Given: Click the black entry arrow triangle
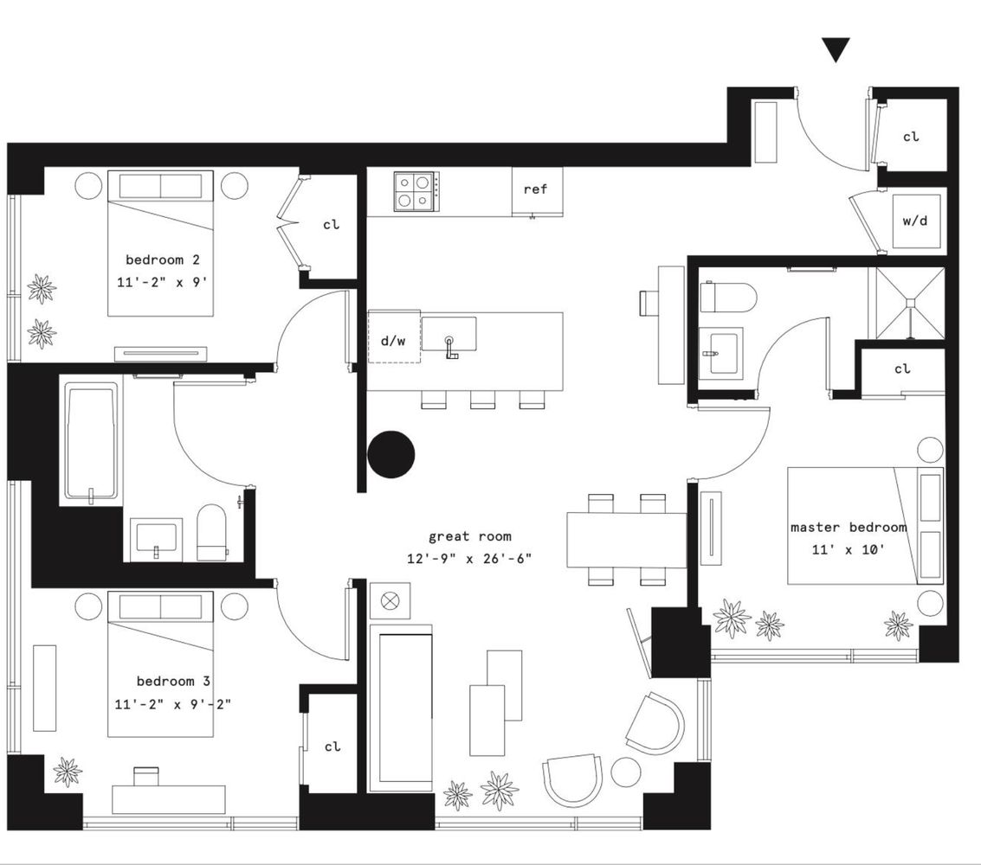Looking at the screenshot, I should (x=836, y=50).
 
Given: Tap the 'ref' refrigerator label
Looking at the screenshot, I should (x=536, y=189).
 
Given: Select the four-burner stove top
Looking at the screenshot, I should (x=414, y=191).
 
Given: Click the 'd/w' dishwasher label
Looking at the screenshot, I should (x=393, y=341).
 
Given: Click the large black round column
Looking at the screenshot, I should (x=391, y=453).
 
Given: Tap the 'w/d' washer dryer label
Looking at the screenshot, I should (x=915, y=221).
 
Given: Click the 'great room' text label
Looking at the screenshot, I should (x=470, y=536).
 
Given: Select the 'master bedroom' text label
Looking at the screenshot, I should (x=849, y=527).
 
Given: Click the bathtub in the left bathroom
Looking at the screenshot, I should (x=91, y=442).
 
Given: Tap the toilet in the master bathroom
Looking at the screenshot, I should (x=728, y=297).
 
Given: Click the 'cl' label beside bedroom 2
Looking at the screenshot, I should (x=332, y=225).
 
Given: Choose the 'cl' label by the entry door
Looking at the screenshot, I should (x=911, y=137).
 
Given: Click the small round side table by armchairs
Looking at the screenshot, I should (x=625, y=772).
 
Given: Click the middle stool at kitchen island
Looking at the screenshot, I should (x=482, y=400).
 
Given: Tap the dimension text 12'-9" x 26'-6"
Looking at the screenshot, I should (x=468, y=559).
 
